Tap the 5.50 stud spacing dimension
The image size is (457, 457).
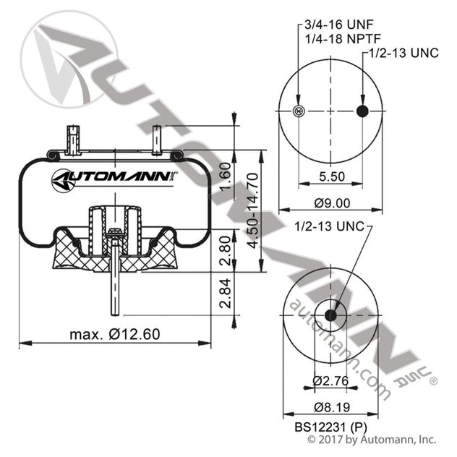[331, 176]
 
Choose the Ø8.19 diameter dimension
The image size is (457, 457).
[331, 406]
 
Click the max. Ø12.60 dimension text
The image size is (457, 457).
[115, 334]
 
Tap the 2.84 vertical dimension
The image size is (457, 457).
[224, 294]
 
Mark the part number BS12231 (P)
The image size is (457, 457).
[329, 426]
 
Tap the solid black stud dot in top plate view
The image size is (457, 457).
[363, 111]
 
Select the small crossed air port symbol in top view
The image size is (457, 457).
[299, 111]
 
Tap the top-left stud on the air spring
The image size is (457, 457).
[72, 140]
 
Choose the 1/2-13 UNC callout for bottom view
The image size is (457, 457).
[333, 226]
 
